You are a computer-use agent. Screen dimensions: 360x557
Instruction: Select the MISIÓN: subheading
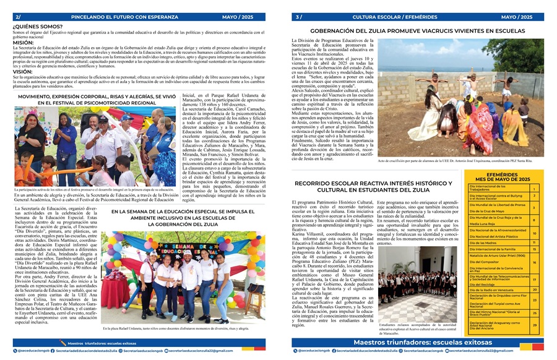pos(24,43)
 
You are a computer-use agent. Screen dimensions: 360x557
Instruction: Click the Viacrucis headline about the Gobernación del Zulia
pos(417,30)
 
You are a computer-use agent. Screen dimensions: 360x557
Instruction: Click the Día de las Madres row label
pos(483,242)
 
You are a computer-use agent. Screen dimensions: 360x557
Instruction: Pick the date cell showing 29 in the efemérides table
pos(534,325)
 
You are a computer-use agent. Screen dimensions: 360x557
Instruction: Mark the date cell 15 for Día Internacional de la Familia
pos(534,248)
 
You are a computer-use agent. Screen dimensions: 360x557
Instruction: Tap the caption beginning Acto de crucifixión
pos(455,160)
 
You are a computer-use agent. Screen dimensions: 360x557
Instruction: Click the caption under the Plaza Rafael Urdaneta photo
pos(176,328)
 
